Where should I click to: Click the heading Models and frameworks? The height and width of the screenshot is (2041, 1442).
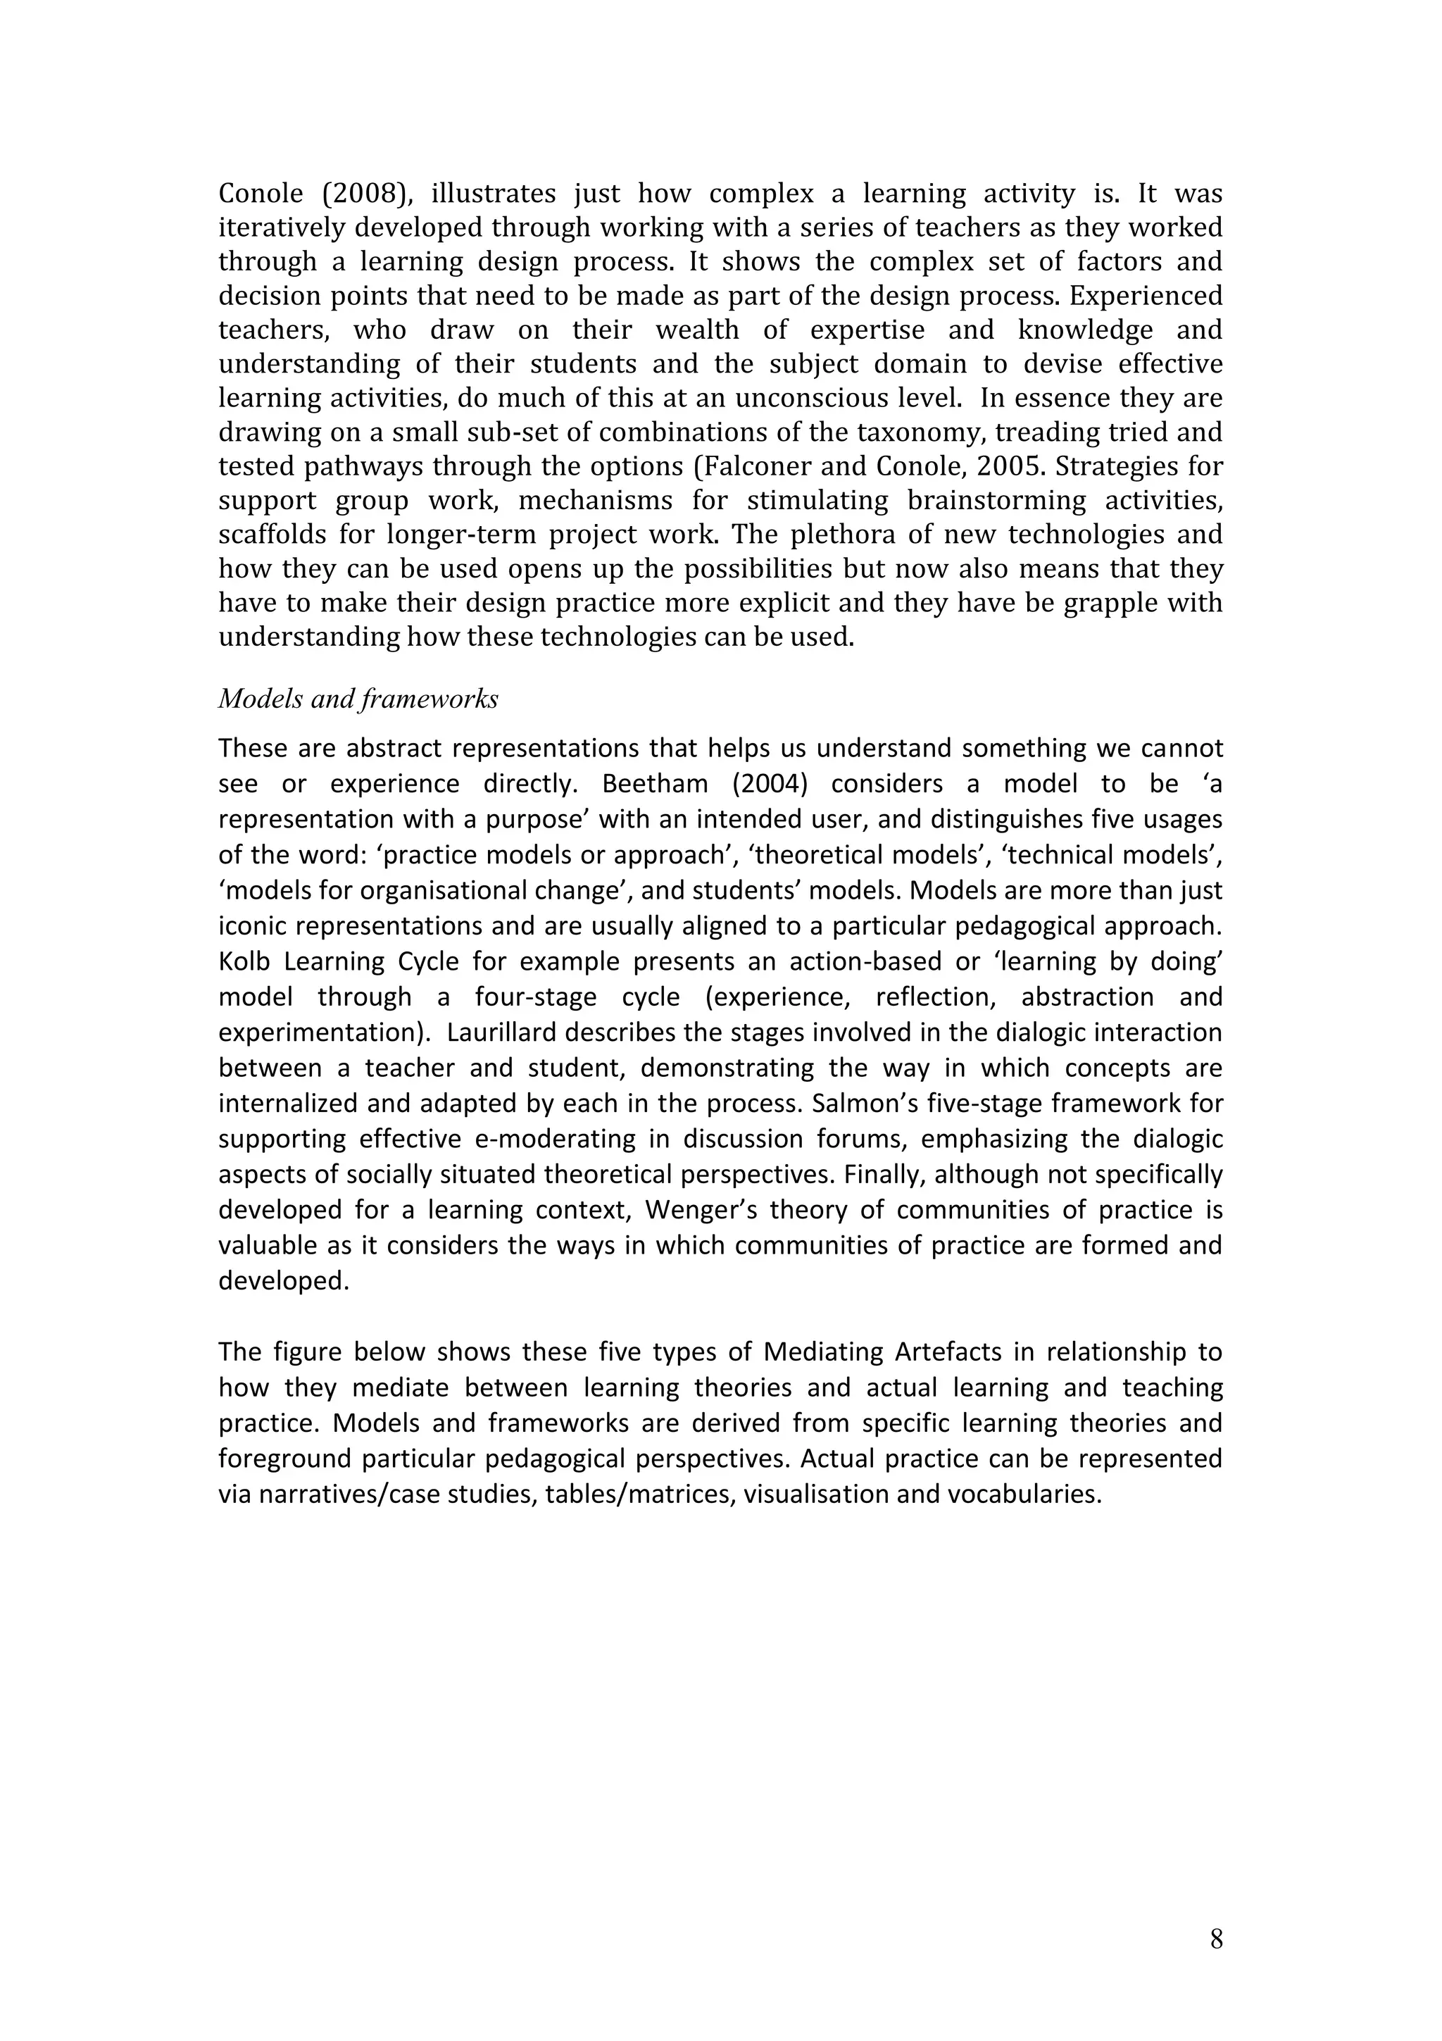pos(358,699)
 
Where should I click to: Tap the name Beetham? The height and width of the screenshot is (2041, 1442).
pos(655,784)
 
